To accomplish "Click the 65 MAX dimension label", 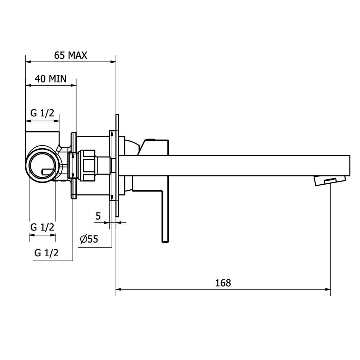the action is [x=71, y=55].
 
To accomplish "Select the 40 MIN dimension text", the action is [x=51, y=79].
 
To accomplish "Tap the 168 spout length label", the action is [x=223, y=283].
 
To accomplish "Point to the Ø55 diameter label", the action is [x=89, y=239].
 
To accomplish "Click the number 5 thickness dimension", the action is [x=98, y=216].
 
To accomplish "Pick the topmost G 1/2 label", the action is [x=42, y=113].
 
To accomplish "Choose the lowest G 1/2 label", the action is [x=46, y=253].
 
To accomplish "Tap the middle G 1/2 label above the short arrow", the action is [x=42, y=227].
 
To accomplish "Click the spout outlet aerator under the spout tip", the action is [x=330, y=180].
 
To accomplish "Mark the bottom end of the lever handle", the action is [x=166, y=242].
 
